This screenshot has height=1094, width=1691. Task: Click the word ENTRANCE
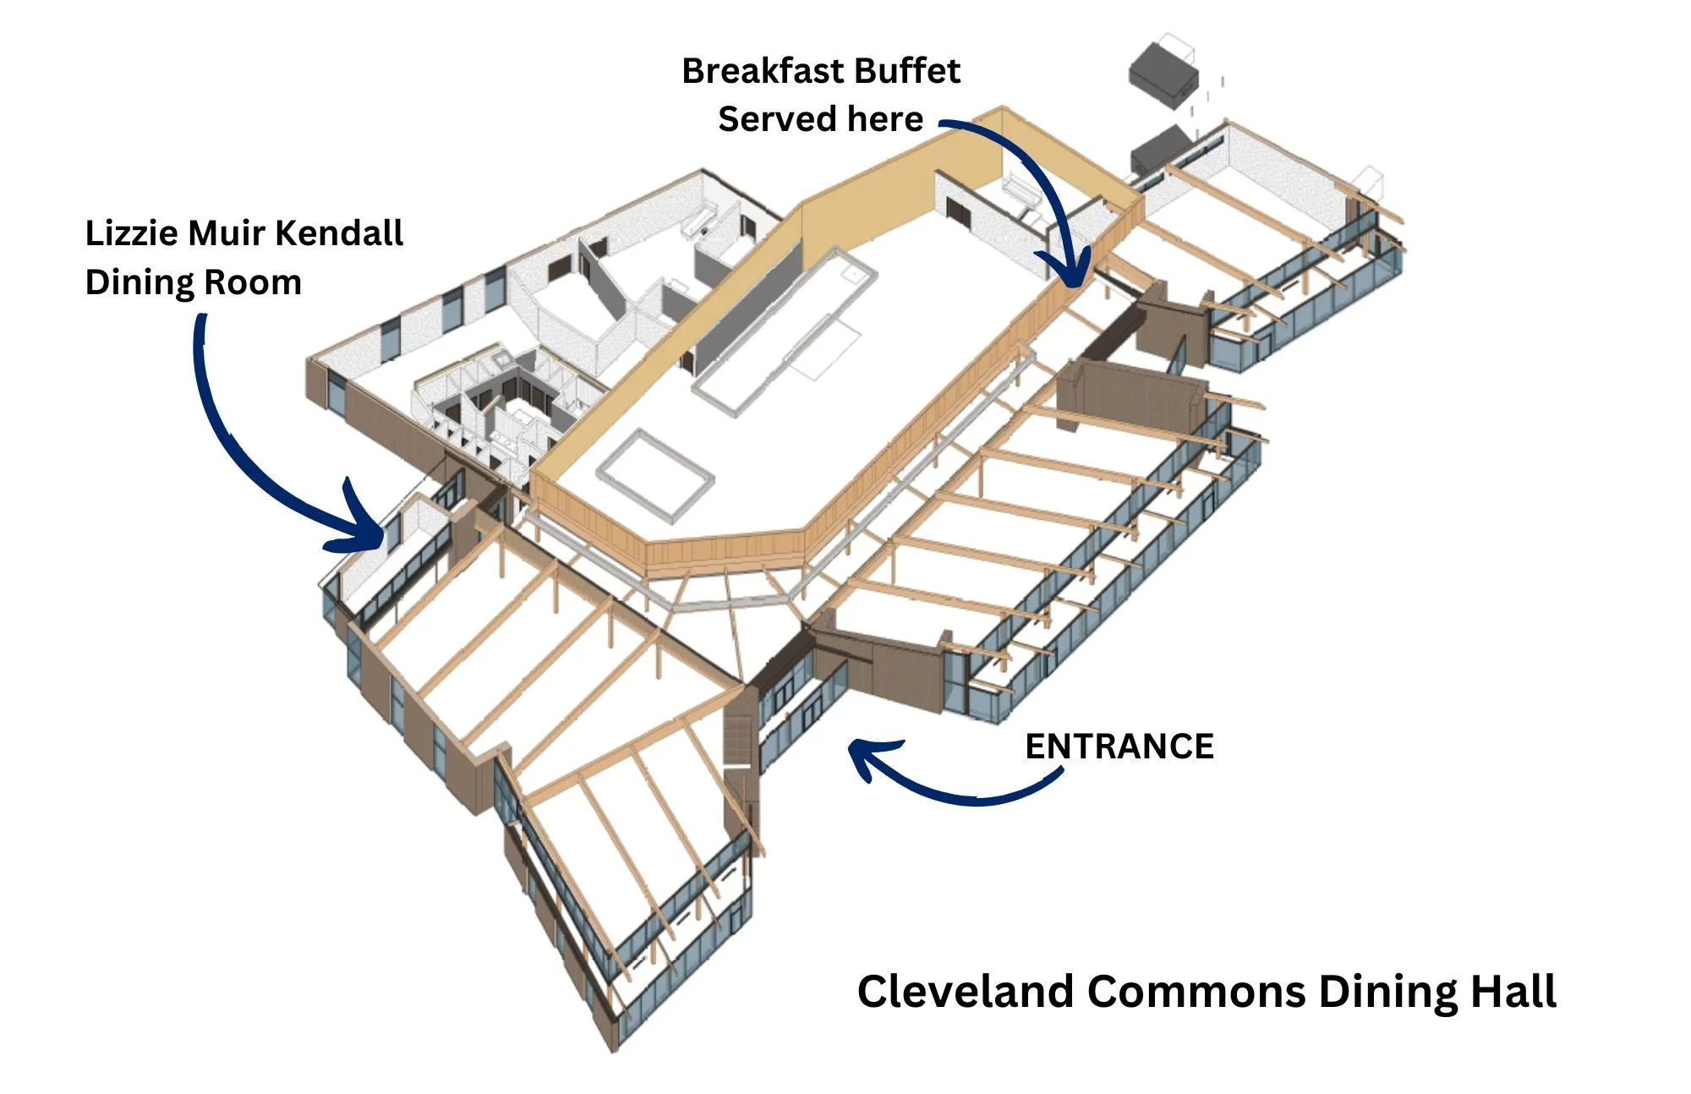tap(1119, 747)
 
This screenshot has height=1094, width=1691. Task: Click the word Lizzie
tap(131, 233)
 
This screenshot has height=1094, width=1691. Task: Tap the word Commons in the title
tap(1196, 991)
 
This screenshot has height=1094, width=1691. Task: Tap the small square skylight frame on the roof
tap(655, 478)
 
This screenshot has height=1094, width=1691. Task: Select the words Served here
tap(820, 119)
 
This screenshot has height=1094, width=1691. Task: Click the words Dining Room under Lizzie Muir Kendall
tap(193, 282)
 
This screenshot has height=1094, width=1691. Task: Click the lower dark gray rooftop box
tap(1160, 150)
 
